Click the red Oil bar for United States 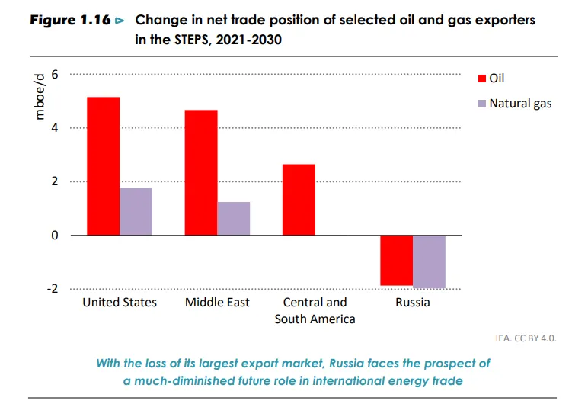coord(103,166)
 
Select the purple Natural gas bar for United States coord(136,211)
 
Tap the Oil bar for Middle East coord(201,173)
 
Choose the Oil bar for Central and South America coord(299,200)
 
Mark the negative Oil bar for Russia coord(396,260)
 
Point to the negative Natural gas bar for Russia coord(429,261)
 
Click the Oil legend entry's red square coord(482,79)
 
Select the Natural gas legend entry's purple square coord(482,103)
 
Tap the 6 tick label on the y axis coord(55,74)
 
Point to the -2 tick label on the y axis coord(53,289)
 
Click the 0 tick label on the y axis coord(55,236)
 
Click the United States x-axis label coord(120,303)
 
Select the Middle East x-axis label coord(217,303)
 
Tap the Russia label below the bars coord(412,303)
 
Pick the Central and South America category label coord(315,310)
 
